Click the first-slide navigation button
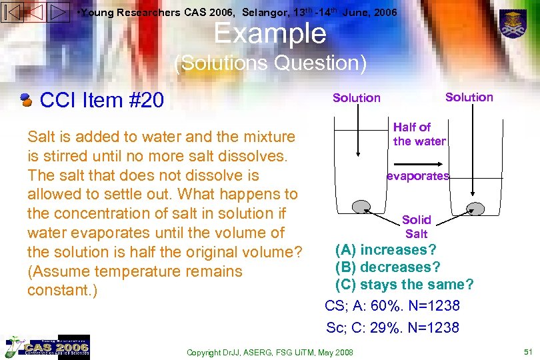(x=13, y=12)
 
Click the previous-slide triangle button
(x=35, y=12)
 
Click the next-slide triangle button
(x=58, y=12)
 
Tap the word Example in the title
(x=270, y=33)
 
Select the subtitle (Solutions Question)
(x=270, y=63)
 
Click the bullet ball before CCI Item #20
(x=27, y=101)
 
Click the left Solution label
(x=357, y=98)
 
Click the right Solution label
(x=469, y=97)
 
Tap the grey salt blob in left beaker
(x=362, y=206)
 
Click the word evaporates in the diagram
(x=419, y=177)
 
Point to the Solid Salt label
(x=417, y=227)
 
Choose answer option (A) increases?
(x=386, y=250)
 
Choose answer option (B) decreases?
(x=388, y=267)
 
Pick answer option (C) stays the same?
(x=404, y=285)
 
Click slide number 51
(x=527, y=351)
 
